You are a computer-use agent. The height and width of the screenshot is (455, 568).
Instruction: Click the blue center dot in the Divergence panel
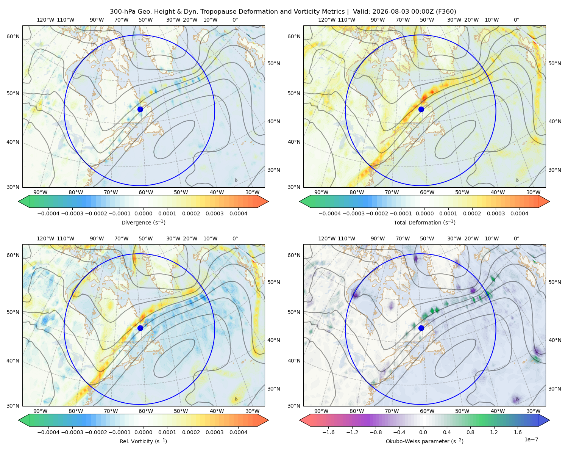click(x=140, y=109)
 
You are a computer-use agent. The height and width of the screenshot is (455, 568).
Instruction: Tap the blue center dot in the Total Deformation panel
click(x=421, y=109)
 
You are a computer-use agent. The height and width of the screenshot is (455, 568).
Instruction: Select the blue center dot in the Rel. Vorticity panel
click(x=140, y=328)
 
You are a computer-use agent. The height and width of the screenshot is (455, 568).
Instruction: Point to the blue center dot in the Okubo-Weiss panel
click(x=421, y=328)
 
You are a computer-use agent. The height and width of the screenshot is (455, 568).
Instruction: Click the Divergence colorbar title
click(x=143, y=223)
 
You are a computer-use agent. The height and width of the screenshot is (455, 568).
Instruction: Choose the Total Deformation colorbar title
click(x=424, y=223)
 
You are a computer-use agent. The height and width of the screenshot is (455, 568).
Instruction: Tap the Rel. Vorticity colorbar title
click(x=143, y=441)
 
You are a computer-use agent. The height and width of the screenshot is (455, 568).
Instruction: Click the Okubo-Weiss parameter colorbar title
click(x=424, y=441)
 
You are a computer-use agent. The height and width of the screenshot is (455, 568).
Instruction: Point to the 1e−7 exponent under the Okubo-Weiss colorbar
click(x=531, y=439)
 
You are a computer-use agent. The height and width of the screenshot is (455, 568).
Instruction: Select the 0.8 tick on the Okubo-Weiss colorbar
click(x=470, y=432)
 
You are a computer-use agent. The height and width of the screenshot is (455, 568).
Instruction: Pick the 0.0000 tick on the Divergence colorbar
click(x=143, y=213)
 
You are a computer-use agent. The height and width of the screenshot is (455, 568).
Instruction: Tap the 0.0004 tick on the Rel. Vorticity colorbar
click(x=238, y=432)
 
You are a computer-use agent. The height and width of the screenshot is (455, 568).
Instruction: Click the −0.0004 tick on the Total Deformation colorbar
click(x=330, y=213)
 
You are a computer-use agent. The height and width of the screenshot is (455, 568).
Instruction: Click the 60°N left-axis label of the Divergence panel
click(x=13, y=36)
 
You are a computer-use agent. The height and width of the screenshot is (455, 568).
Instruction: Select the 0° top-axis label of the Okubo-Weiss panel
click(x=516, y=238)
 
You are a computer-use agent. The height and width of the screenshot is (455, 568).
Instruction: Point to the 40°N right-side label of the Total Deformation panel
click(x=555, y=121)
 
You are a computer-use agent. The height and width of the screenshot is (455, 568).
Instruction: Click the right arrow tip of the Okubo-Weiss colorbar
click(x=549, y=420)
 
